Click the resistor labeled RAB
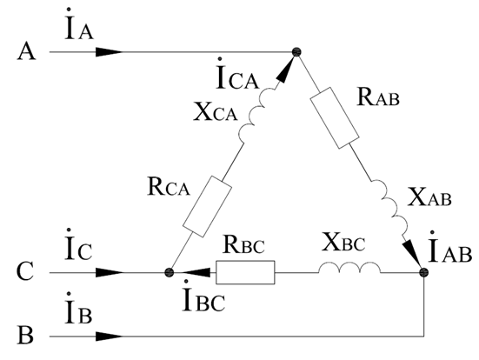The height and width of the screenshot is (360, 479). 335,117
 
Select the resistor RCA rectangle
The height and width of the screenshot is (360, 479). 207,206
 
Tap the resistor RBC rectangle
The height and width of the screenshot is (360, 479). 245,272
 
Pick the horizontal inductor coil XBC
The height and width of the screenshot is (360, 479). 349,268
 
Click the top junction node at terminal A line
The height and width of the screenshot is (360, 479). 296,52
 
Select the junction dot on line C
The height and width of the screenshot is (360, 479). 169,272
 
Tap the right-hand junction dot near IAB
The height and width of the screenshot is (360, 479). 423,272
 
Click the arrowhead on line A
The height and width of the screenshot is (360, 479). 110,52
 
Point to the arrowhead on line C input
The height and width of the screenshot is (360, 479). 110,272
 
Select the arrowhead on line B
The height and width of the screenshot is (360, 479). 110,337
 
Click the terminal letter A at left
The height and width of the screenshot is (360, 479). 27,51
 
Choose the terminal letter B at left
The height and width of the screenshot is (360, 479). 25,336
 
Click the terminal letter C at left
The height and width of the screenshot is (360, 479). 25,271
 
